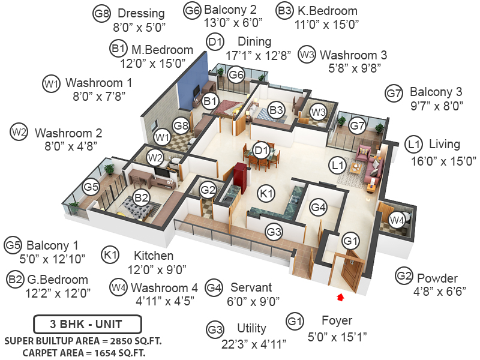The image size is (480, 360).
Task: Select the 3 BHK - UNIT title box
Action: pyautogui.click(x=87, y=325)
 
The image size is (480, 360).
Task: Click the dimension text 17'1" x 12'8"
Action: pyautogui.click(x=258, y=55)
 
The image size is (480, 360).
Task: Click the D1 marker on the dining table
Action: pyautogui.click(x=260, y=150)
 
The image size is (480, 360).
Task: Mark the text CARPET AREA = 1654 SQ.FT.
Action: pyautogui.click(x=84, y=352)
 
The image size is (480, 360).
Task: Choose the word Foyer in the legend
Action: pyautogui.click(x=337, y=320)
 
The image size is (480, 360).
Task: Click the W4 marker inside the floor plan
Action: pyautogui.click(x=397, y=220)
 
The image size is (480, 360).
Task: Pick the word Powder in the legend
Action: pyautogui.click(x=437, y=278)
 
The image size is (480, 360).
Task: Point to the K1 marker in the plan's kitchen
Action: pyautogui.click(x=266, y=193)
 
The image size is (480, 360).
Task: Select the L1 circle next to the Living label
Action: pyautogui.click(x=412, y=145)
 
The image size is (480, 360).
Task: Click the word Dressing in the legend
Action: pyautogui.click(x=141, y=13)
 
